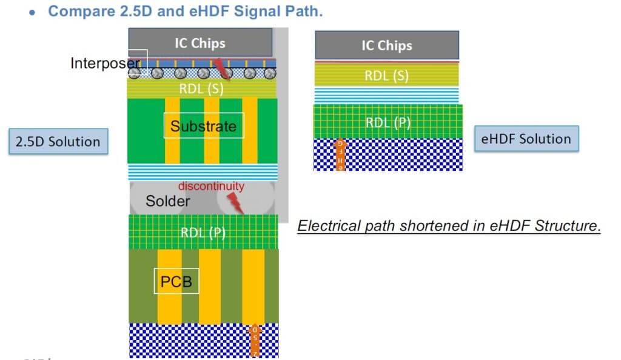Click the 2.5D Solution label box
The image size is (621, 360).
click(58, 142)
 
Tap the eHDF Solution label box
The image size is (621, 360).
click(526, 139)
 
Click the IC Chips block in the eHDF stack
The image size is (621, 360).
click(386, 45)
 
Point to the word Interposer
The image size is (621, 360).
click(106, 63)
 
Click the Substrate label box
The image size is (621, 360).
click(203, 126)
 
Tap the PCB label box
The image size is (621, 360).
click(176, 281)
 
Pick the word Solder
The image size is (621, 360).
click(167, 201)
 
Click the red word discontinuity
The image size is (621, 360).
click(211, 186)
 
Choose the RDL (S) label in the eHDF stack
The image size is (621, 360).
click(386, 76)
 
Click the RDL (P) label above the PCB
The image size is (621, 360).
click(203, 232)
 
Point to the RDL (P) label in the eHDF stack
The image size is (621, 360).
click(388, 122)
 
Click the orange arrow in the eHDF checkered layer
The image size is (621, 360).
click(340, 155)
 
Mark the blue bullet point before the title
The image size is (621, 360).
click(34, 12)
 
